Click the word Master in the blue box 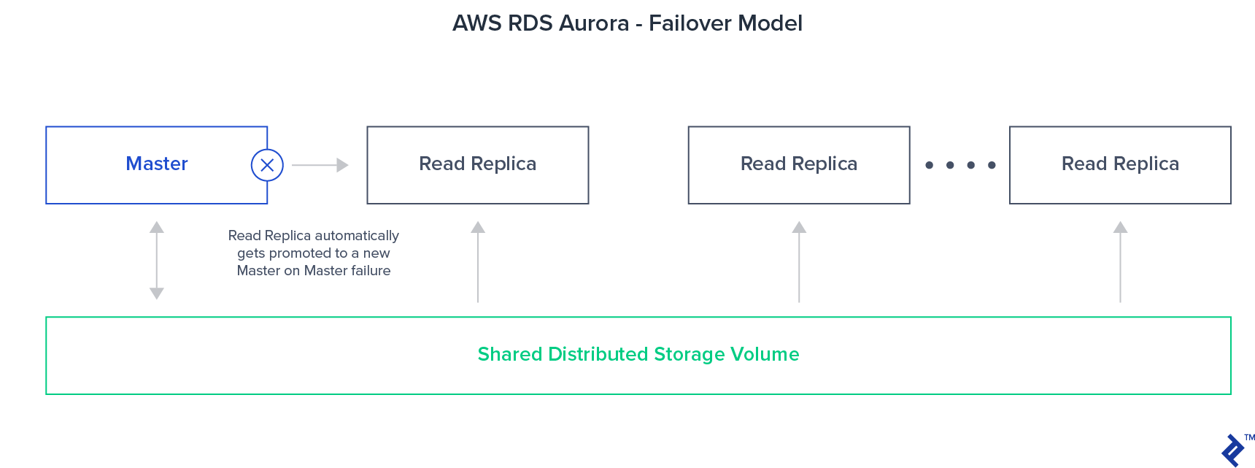(157, 164)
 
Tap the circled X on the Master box (267, 165)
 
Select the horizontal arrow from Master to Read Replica (320, 165)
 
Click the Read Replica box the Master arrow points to (477, 165)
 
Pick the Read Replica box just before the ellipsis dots (798, 165)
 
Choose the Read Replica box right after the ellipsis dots (1120, 165)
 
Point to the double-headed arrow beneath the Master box (157, 261)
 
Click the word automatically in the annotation (357, 236)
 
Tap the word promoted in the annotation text (300, 253)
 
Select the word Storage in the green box (690, 355)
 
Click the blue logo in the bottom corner (1232, 450)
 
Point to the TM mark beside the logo (1249, 438)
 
